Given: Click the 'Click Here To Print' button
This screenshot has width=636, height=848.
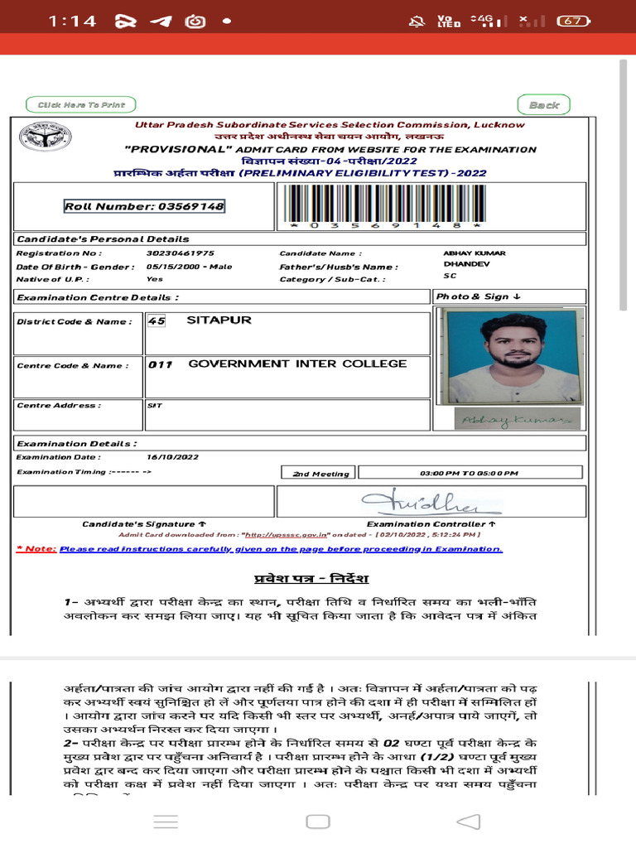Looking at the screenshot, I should click(81, 105).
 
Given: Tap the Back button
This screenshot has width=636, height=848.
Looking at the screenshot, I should click(544, 105).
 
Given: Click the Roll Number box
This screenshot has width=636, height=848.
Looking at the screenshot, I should click(145, 206).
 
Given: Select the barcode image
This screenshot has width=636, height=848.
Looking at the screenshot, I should click(383, 205).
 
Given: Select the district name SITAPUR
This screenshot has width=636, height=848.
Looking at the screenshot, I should click(219, 320).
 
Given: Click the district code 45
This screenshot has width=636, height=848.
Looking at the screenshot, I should click(155, 320).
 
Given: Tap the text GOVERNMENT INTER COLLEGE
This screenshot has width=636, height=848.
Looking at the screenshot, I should click(297, 364).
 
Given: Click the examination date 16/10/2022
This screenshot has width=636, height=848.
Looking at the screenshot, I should click(172, 457).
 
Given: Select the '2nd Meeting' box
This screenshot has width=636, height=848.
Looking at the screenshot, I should click(320, 473).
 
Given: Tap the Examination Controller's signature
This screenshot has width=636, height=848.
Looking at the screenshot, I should click(431, 502).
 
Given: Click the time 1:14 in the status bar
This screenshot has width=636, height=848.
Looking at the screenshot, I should click(72, 22).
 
